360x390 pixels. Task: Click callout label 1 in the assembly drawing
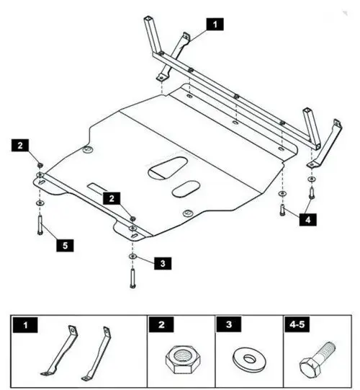(215, 24)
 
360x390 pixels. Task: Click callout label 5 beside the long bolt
(65, 245)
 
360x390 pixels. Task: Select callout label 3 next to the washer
(163, 263)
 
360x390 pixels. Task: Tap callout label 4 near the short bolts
(308, 219)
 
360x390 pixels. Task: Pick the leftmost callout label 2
(20, 145)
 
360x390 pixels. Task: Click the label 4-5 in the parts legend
(297, 324)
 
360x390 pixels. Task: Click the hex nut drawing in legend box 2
(181, 360)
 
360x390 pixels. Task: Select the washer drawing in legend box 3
(249, 360)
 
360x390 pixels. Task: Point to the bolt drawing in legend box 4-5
(317, 358)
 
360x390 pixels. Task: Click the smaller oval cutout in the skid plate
(186, 189)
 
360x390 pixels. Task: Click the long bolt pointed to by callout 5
(40, 224)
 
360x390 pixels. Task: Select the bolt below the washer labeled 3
(133, 278)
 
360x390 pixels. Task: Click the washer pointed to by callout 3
(133, 256)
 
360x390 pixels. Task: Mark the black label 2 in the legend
(161, 324)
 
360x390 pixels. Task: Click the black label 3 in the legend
(228, 324)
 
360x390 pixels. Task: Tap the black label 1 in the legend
(25, 325)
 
